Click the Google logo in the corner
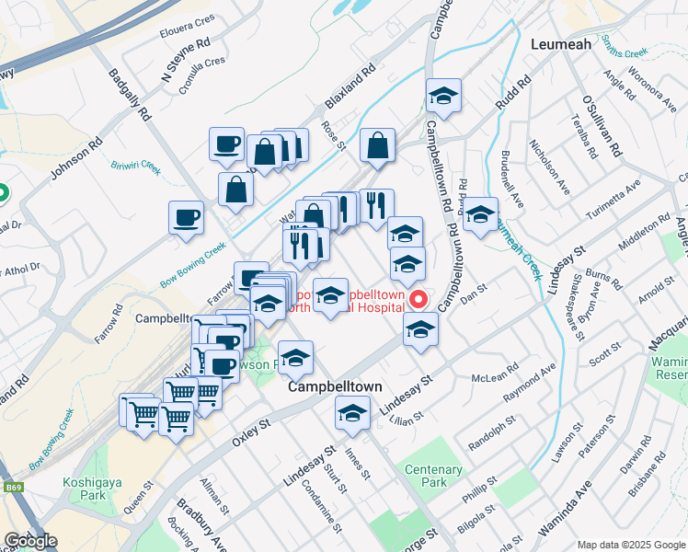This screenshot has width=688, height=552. tap(30, 541)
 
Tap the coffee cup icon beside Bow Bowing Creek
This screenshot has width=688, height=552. tap(187, 219)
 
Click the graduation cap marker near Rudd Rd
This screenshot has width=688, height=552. tap(443, 97)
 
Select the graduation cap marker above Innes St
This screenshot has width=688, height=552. tap(352, 414)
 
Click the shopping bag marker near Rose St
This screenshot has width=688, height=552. tap(377, 145)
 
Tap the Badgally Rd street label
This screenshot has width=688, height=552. tap(130, 96)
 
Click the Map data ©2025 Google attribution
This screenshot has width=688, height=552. tap(630, 545)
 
